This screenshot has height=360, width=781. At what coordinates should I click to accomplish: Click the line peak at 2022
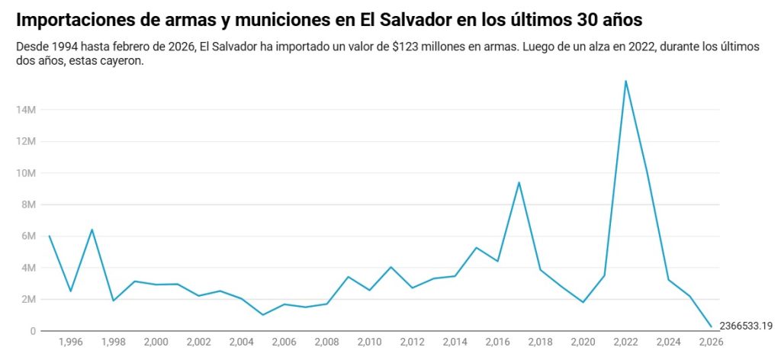[x=625, y=81]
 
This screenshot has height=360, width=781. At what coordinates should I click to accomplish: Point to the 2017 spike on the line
[x=519, y=182]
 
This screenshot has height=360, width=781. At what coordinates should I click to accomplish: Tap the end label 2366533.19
[x=746, y=326]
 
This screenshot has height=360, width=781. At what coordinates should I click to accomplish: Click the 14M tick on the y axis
[x=27, y=110]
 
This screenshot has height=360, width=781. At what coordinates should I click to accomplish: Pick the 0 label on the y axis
[x=33, y=331]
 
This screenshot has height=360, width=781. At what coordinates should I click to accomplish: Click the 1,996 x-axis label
[x=70, y=342]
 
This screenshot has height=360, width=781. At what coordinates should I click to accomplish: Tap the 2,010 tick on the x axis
[x=369, y=342]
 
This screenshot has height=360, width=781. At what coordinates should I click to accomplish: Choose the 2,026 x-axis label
[x=711, y=342]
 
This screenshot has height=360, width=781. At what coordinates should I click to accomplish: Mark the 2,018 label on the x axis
[x=540, y=342]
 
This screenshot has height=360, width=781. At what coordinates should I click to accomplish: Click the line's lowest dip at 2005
[x=262, y=315]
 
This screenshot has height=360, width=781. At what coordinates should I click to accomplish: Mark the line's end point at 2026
[x=711, y=327]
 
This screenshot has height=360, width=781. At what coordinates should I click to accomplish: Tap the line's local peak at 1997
[x=92, y=230]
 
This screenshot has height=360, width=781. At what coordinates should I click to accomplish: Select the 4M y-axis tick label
[x=29, y=268]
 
